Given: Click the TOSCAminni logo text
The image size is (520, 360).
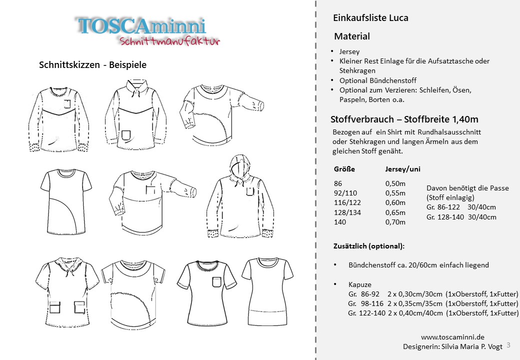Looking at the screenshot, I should coord(141,26).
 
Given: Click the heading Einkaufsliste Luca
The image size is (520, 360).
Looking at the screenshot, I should coord(370,18).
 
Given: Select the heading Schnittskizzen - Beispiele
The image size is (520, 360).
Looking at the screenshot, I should coord(92,65).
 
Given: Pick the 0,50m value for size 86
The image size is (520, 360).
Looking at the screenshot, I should coord(395,183).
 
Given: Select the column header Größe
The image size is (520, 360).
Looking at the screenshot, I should coord(344,169).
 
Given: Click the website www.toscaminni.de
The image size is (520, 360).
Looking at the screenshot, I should coord(452,337).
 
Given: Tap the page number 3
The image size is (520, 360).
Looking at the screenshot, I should coord(508,345).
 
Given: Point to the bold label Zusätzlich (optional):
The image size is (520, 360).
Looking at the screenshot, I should coord(369,246).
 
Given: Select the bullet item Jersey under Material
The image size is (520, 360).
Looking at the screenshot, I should coord(349,51).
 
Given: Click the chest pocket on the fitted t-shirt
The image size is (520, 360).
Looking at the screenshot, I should coord(216,282).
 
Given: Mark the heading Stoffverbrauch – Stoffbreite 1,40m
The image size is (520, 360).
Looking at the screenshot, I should coord(404,119).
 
